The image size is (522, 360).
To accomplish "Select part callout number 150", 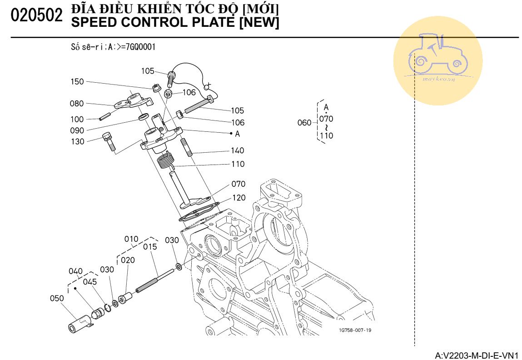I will pyautogui.click(x=77, y=82).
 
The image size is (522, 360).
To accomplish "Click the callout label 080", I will pyautogui.click(x=77, y=104).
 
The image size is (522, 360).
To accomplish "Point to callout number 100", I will pyautogui.click(x=77, y=120).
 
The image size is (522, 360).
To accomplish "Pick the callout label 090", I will pyautogui.click(x=77, y=130).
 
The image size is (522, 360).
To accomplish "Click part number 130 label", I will pyautogui.click(x=77, y=142).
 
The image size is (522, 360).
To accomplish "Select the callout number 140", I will pyautogui.click(x=237, y=150).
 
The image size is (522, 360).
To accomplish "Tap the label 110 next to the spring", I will pyautogui.click(x=237, y=164).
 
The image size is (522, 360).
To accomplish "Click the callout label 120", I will pyautogui.click(x=239, y=198).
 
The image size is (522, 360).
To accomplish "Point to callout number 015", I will pyautogui.click(x=150, y=247).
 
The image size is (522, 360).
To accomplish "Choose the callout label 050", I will pyautogui.click(x=57, y=298).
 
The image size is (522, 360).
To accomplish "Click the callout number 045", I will pyautogui.click(x=90, y=282).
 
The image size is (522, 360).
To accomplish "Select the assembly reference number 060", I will pyautogui.click(x=304, y=123).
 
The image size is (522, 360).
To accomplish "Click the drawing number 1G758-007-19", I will pyautogui.click(x=355, y=330).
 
